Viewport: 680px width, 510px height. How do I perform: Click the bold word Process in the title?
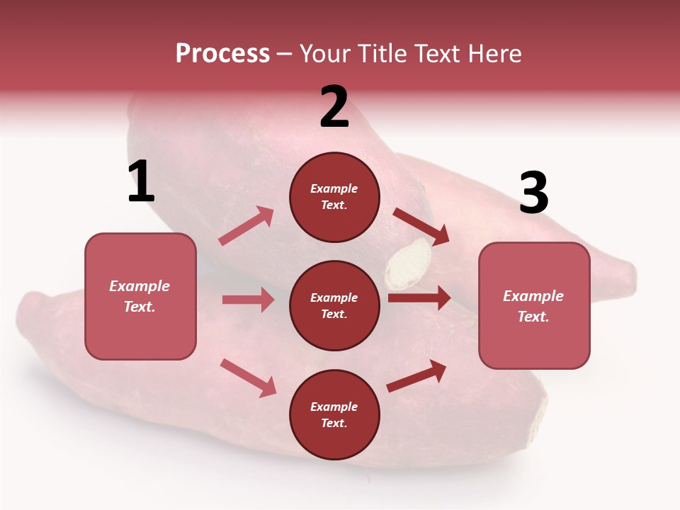(222, 54)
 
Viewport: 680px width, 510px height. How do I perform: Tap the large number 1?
(141, 181)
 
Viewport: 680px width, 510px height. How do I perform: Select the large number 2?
(334, 107)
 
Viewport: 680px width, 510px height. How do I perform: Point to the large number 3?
(533, 193)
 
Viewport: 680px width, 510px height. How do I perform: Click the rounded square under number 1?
(140, 296)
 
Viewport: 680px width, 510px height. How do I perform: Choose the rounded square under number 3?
(534, 306)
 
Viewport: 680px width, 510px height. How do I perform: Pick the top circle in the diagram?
(334, 197)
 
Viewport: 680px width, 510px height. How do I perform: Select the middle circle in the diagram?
(334, 305)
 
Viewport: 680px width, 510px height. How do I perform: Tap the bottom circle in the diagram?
(334, 414)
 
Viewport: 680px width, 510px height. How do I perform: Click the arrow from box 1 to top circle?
(246, 226)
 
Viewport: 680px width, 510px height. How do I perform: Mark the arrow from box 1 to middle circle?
(248, 300)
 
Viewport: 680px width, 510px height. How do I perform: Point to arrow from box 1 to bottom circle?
(248, 377)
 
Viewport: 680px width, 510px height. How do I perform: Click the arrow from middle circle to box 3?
(419, 298)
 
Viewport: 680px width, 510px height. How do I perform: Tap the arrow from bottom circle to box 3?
(416, 376)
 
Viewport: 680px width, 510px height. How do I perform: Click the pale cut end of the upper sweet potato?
(408, 263)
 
